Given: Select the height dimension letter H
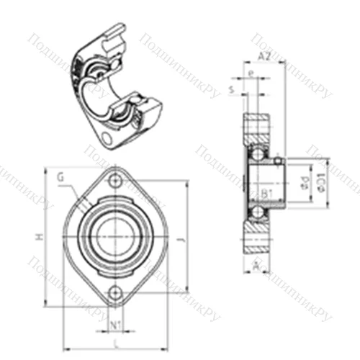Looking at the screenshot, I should tap(41, 238).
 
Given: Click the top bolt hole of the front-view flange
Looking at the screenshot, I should tap(115, 183).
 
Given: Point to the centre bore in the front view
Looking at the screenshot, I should tap(115, 237).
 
